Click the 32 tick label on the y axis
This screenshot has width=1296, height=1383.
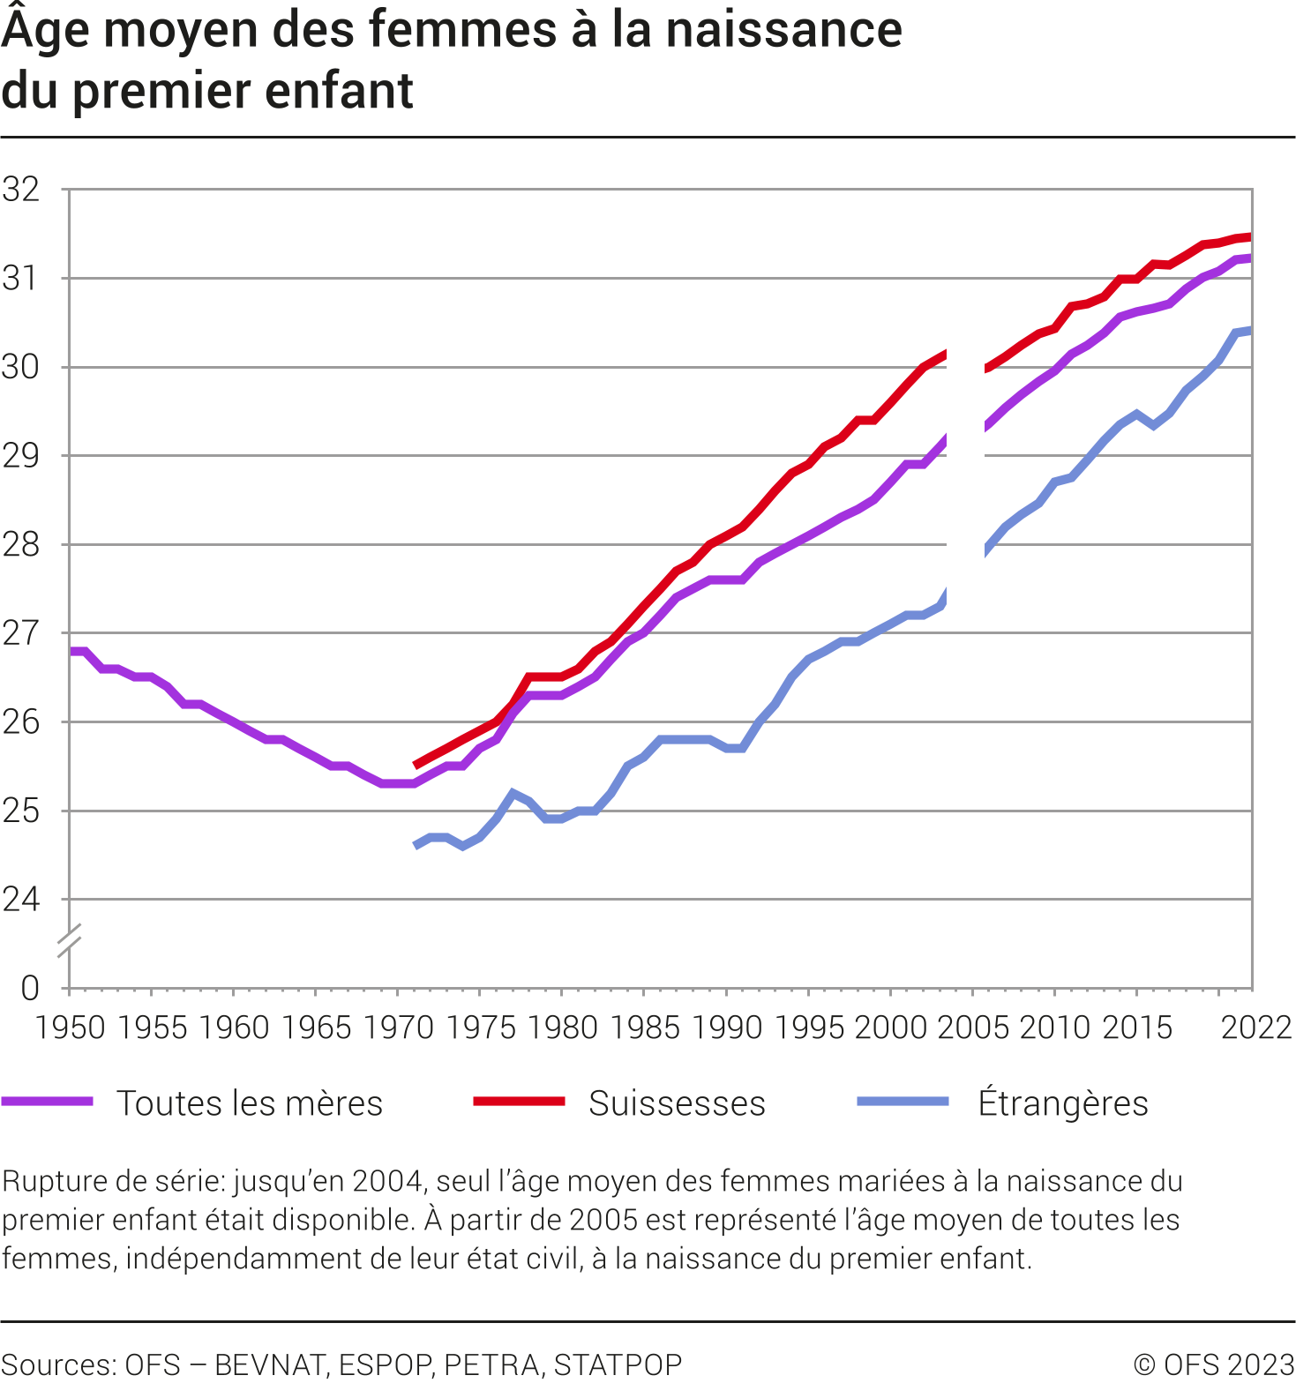click(x=21, y=190)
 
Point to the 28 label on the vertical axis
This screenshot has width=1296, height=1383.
click(x=21, y=545)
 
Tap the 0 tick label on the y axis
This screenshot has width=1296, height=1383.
click(x=30, y=988)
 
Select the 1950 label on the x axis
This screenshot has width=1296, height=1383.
click(x=70, y=1028)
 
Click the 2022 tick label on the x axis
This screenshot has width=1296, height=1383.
click(x=1255, y=1028)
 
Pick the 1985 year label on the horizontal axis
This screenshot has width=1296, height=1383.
click(x=644, y=1028)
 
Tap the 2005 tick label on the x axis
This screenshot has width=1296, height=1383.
click(x=972, y=1028)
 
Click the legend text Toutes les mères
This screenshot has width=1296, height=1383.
click(x=250, y=1103)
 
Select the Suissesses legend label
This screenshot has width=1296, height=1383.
click(x=677, y=1103)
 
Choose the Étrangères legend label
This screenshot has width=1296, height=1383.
click(x=1063, y=1103)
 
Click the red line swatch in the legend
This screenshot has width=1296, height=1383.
click(x=519, y=1102)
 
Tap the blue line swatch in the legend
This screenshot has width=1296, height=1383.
click(x=903, y=1102)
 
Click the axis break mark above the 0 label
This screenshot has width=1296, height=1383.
click(x=69, y=940)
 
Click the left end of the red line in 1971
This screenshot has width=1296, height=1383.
click(x=416, y=765)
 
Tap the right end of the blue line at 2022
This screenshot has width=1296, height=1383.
click(x=1249, y=331)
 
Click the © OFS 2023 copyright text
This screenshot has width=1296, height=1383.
click(x=1213, y=1364)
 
